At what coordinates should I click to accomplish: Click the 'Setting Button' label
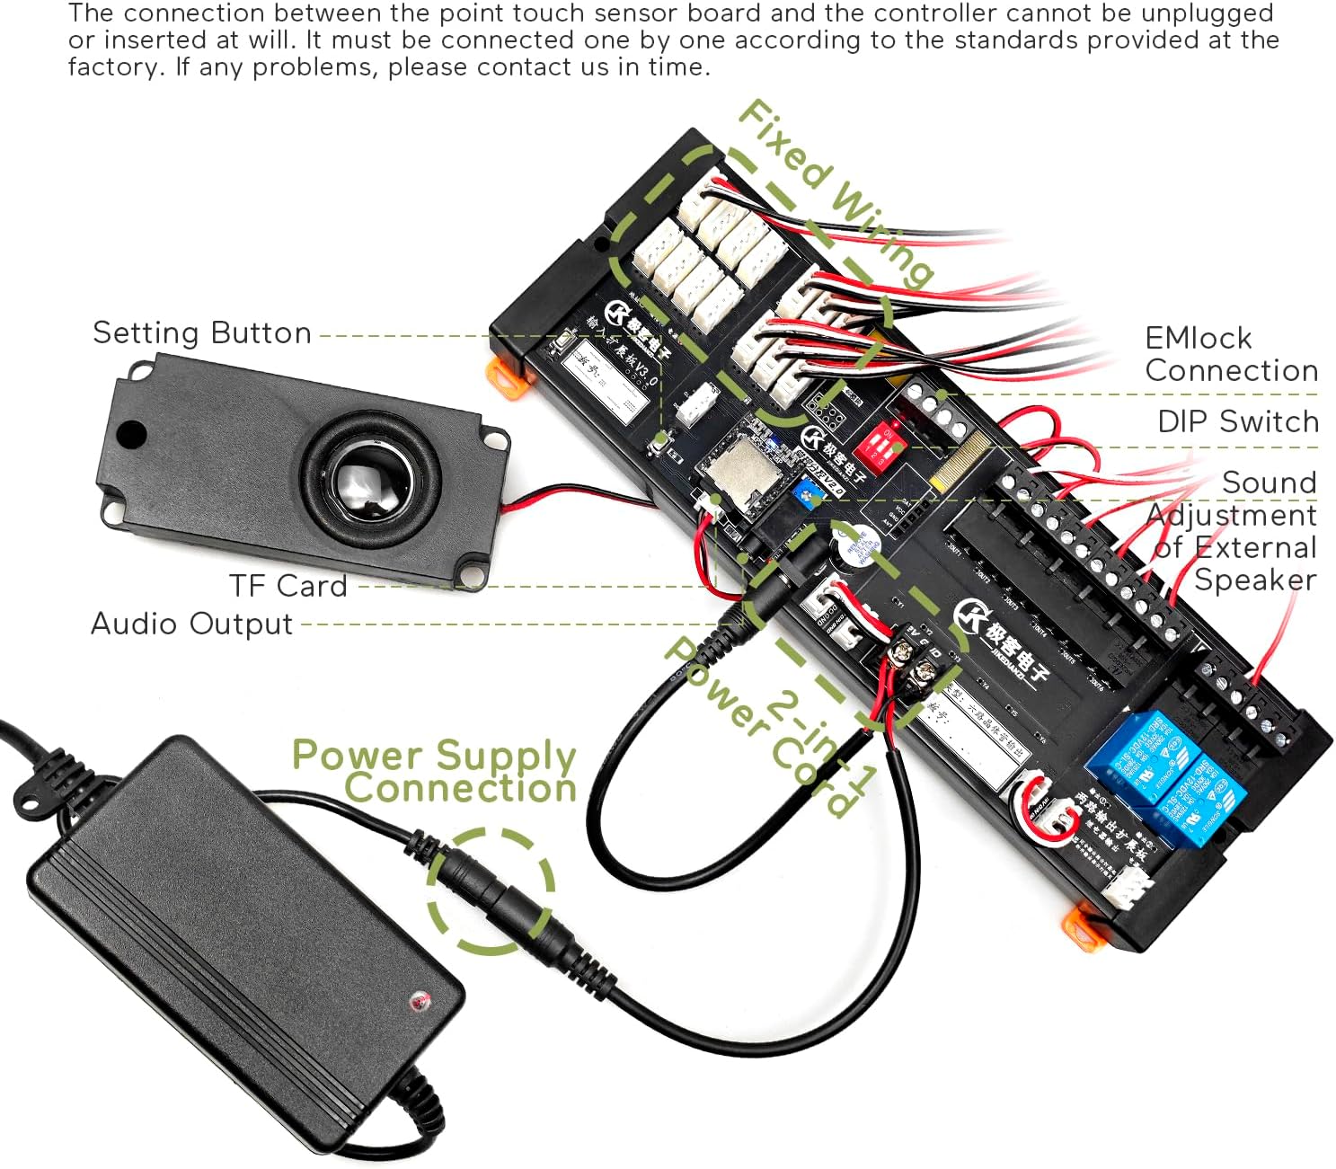click(202, 333)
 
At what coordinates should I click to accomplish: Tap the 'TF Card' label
click(288, 586)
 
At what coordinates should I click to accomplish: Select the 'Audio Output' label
click(191, 624)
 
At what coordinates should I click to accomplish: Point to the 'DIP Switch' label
click(1237, 421)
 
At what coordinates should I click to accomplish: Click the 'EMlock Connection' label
click(1231, 354)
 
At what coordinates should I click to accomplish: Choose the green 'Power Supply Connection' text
click(434, 771)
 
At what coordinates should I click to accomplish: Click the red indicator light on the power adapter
click(417, 1000)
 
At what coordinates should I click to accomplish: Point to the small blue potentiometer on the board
click(812, 491)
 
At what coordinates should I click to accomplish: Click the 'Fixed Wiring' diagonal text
click(835, 192)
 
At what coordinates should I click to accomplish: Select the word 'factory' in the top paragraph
click(110, 67)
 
